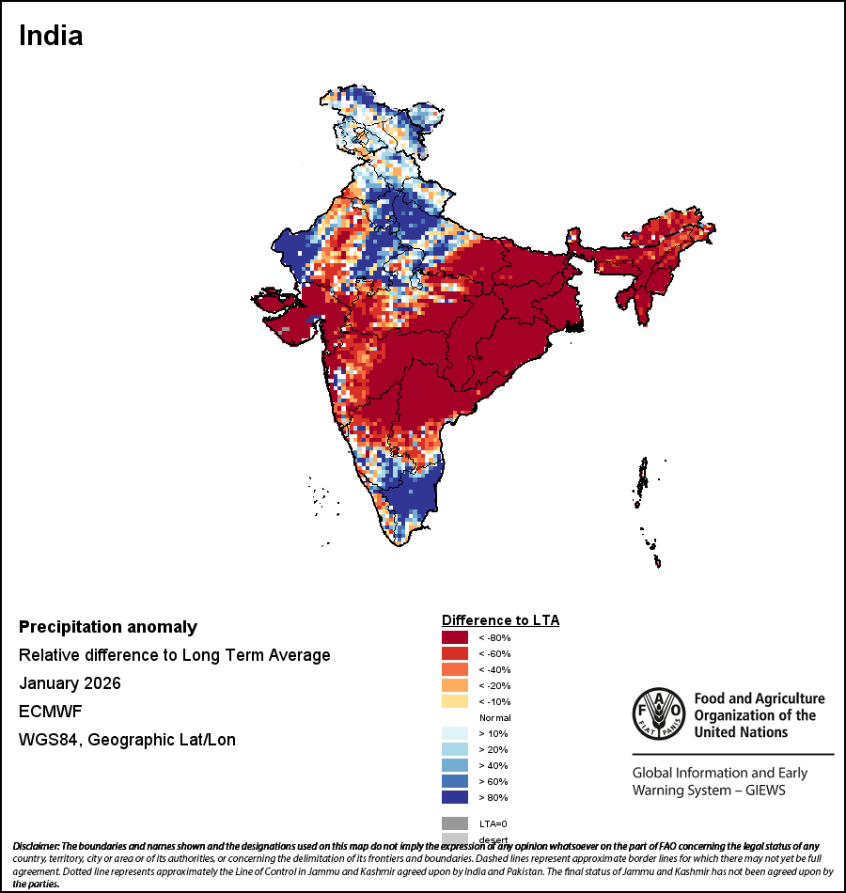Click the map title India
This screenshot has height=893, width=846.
(51, 36)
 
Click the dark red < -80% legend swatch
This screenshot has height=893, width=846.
(455, 637)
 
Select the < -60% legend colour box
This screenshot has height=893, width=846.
(455, 653)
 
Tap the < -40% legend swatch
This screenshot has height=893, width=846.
(455, 669)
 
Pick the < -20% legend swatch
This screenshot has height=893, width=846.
(455, 685)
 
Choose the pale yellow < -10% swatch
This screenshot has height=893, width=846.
(455, 701)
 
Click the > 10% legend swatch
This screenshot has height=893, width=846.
(455, 733)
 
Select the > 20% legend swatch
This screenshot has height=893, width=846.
(455, 749)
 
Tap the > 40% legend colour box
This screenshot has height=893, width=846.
(455, 765)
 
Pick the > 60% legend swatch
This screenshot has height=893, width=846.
(455, 781)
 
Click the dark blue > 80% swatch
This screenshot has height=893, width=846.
(455, 797)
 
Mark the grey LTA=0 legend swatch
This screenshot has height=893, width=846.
(455, 823)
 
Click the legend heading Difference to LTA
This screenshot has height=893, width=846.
(500, 620)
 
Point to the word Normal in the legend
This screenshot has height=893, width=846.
(494, 717)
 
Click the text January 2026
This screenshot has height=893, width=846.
(70, 683)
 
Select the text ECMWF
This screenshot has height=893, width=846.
(51, 712)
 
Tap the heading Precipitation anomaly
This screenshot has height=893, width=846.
(108, 627)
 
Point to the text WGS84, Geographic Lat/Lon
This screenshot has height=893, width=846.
(127, 740)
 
